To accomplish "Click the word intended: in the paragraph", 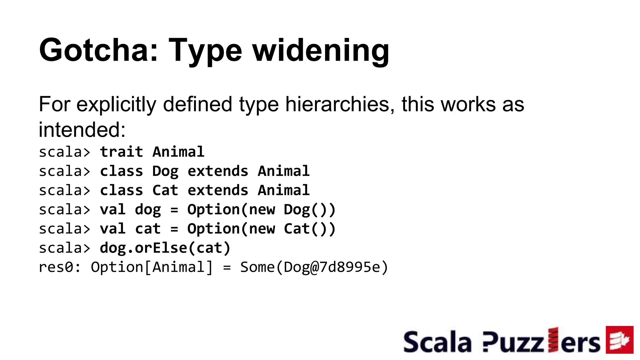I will [x=82, y=129].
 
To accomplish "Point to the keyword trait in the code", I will [x=122, y=152].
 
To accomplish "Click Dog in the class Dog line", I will [x=165, y=172].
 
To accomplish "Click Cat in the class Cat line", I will [x=165, y=191].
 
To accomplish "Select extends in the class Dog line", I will [x=218, y=172].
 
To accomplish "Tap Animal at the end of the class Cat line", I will [x=283, y=191].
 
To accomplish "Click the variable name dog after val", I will [x=148, y=210].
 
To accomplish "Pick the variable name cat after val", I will [x=148, y=229].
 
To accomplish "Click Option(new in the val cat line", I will [x=231, y=229].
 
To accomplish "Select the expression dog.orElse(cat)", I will [x=165, y=248].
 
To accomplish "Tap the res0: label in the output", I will [x=60, y=267].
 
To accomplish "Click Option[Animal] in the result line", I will [x=152, y=267].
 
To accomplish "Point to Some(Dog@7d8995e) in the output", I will [x=314, y=267].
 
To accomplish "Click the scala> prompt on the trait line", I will [x=64, y=152].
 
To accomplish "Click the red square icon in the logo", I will [x=619, y=340].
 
